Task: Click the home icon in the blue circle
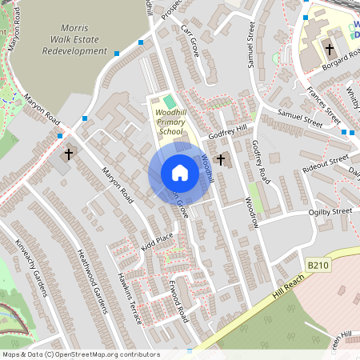(x=180, y=173)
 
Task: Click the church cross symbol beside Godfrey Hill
(x=222, y=160)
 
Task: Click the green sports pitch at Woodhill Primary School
(x=169, y=102)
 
